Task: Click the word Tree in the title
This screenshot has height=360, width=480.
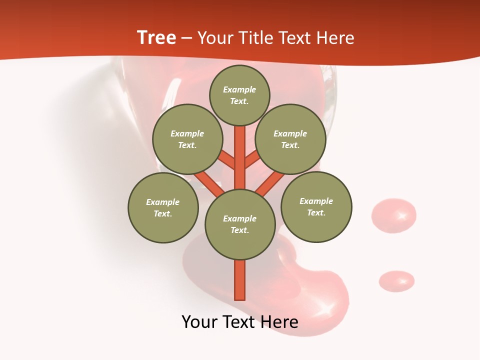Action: [x=156, y=38]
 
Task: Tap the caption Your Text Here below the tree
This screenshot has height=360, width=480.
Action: [x=240, y=322]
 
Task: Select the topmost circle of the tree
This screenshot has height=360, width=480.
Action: [x=239, y=95]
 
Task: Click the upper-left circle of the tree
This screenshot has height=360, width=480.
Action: [x=187, y=139]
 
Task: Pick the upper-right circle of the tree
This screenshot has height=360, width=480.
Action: [x=290, y=139]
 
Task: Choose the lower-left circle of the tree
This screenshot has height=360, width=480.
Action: [x=163, y=207]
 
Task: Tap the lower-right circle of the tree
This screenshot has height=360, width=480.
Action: [x=316, y=206]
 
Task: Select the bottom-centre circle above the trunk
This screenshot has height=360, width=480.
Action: [x=240, y=224]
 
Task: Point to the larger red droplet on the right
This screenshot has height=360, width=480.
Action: [x=393, y=215]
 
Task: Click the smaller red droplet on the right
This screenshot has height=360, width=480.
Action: [x=396, y=281]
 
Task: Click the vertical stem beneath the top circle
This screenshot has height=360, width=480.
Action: [x=240, y=155]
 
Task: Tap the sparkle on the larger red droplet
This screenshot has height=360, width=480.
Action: [x=401, y=216]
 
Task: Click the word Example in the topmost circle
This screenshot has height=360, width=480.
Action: [x=239, y=89]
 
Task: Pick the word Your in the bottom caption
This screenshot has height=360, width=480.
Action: [x=199, y=322]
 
